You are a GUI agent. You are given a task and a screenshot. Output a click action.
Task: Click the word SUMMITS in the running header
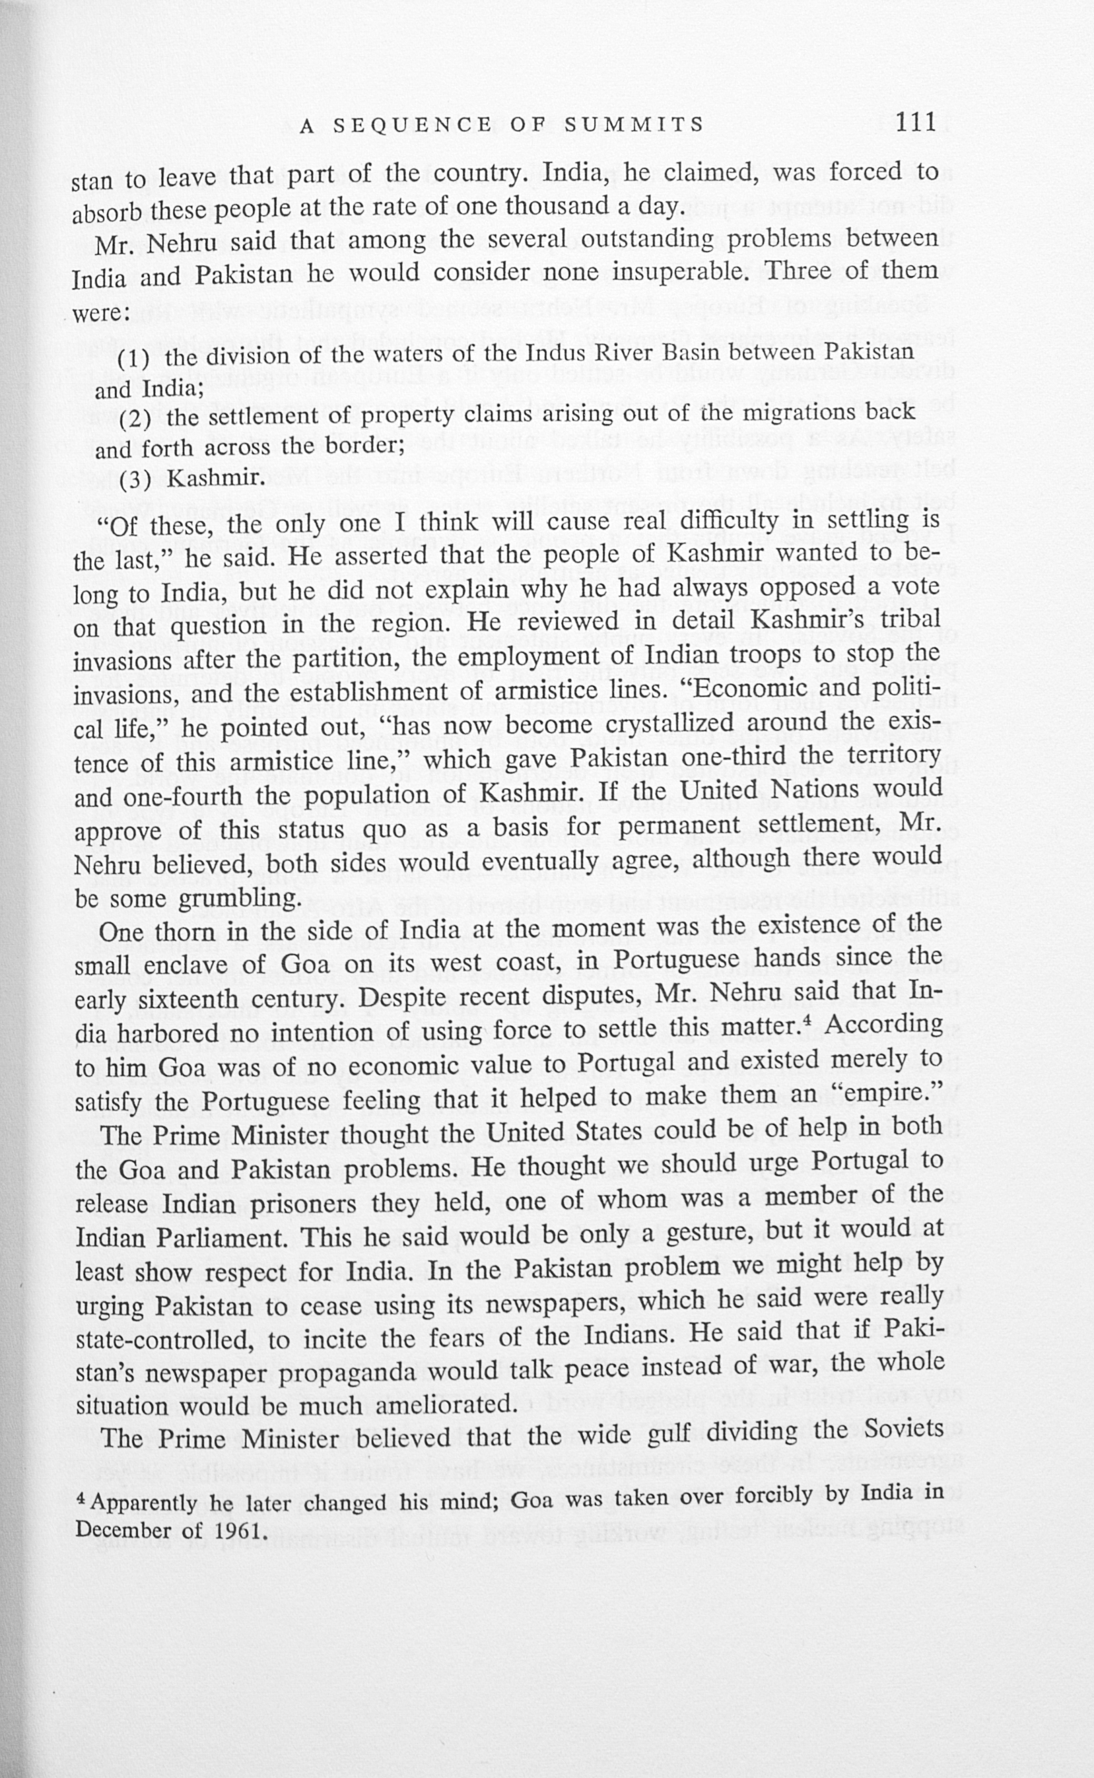pyautogui.click(x=634, y=125)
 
